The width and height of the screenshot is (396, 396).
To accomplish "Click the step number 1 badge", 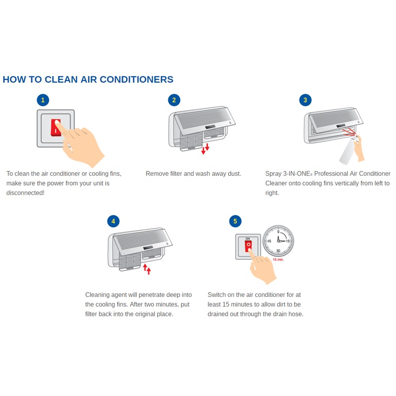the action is click(43, 100).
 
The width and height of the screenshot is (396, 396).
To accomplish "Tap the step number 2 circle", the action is click(174, 100).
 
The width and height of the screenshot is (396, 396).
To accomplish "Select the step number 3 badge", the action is click(305, 100).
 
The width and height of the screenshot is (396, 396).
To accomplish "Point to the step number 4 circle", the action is click(113, 221).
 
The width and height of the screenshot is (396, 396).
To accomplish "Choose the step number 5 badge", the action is click(235, 221).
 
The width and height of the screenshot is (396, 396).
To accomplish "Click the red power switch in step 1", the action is click(55, 128).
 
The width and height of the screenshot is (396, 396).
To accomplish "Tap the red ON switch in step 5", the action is click(248, 246).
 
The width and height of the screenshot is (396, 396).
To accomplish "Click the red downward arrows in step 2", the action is click(205, 148).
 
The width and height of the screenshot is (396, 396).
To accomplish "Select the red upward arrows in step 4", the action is click(147, 269).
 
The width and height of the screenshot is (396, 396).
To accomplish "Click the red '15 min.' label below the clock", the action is click(278, 259).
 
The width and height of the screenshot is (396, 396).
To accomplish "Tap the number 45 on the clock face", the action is click(269, 241).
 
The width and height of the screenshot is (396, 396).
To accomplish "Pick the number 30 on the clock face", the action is click(278, 250).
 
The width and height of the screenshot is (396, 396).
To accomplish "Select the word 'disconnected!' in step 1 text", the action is click(25, 193).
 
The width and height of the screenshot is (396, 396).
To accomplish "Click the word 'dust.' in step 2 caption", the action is click(234, 174).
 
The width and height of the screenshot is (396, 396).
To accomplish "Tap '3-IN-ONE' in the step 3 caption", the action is click(297, 174).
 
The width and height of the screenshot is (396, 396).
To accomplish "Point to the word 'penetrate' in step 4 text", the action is click(151, 295).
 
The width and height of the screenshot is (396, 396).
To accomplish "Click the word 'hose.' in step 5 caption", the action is click(296, 314).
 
